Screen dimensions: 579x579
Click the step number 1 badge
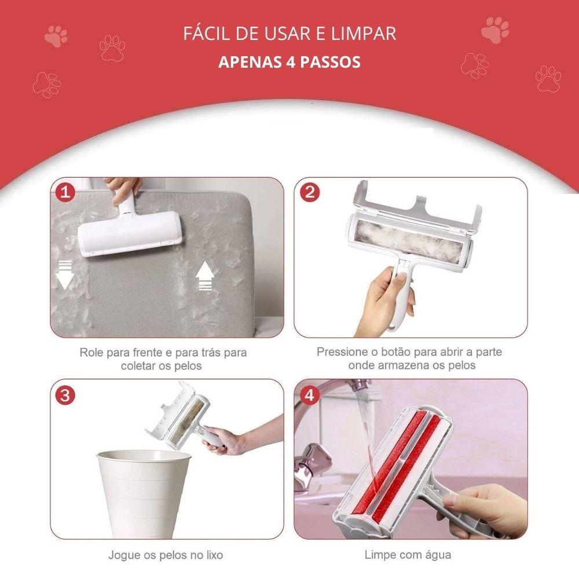point(65,192)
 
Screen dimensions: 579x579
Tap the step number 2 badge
point(310,192)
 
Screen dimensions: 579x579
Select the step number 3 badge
point(65,395)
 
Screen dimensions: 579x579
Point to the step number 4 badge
point(309,395)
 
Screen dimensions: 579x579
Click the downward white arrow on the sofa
point(65,274)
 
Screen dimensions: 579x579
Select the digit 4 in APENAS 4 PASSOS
point(290,62)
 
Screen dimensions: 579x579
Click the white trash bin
point(144,493)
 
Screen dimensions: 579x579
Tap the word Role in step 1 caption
point(91,353)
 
